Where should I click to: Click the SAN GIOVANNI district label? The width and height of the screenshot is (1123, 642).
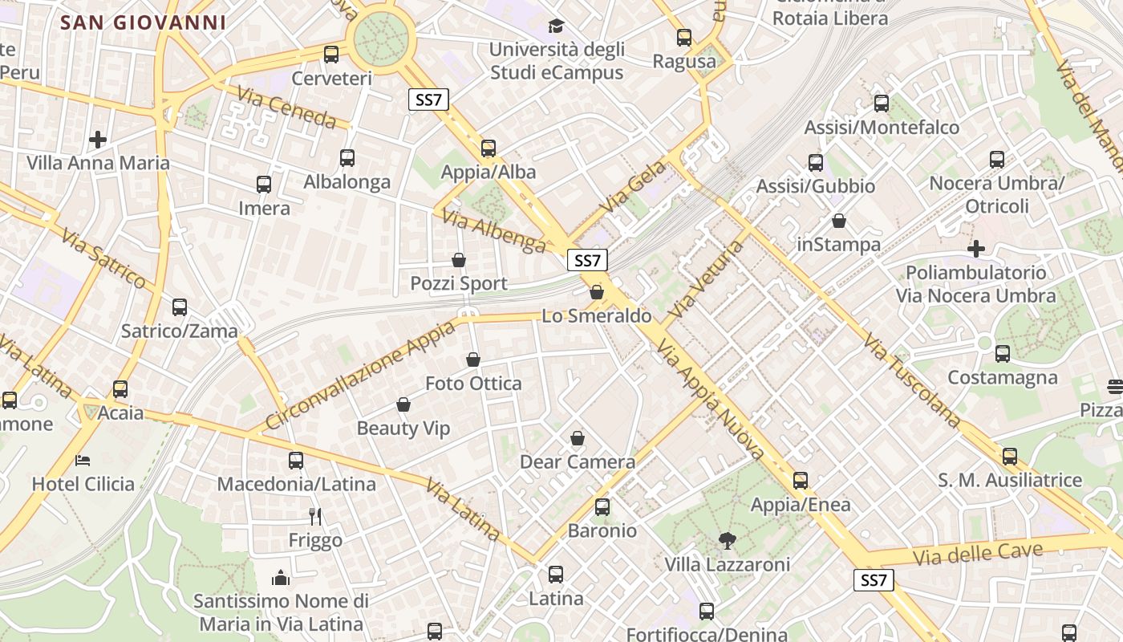coord(144,22)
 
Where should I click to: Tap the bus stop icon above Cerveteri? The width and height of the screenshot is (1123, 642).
coord(331,55)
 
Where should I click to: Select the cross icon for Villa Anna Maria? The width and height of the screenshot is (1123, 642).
coord(98,140)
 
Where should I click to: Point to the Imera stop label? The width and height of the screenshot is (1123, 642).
coord(264,209)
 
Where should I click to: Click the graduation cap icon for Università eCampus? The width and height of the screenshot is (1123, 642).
coord(556,26)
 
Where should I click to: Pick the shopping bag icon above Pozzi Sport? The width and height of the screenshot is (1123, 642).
coord(459,260)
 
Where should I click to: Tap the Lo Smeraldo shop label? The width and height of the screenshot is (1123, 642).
coord(597,316)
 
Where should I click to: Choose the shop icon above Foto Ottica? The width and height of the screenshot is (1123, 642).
coord(473,360)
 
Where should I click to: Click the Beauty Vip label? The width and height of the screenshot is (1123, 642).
coord(403,429)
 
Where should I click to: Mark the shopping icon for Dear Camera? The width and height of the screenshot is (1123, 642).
coord(578,438)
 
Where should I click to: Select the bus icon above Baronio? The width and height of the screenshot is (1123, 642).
coord(602,507)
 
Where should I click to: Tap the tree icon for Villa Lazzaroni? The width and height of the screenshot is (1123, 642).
coord(728,540)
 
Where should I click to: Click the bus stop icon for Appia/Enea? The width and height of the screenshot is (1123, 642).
coord(801,481)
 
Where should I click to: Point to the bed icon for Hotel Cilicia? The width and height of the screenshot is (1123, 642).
coord(83,461)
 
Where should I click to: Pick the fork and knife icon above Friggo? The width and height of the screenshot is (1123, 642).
coord(315,516)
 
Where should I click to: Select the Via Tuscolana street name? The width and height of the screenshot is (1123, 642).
coord(912,380)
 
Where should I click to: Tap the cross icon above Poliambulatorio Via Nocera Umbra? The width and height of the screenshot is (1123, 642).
coord(976,249)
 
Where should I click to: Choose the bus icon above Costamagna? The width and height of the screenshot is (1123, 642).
coord(1003,354)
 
